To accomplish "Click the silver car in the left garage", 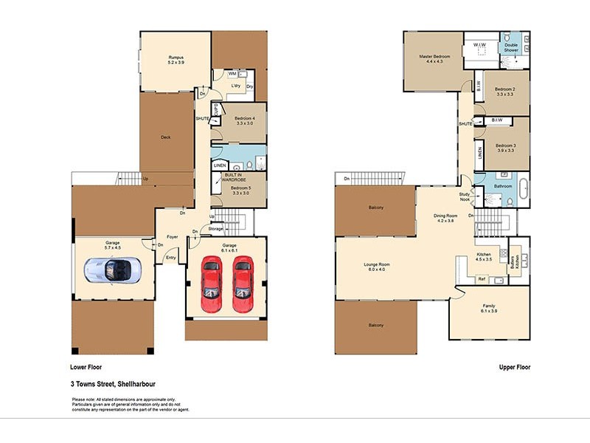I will pyautogui.click(x=110, y=271).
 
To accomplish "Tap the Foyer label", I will pyautogui.click(x=173, y=237).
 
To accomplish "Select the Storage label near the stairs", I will pyautogui.click(x=215, y=230).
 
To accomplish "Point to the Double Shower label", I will pyautogui.click(x=511, y=48).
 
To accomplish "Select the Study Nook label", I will pyautogui.click(x=463, y=197).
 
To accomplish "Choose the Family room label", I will pyautogui.click(x=489, y=308).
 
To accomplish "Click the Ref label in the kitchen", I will pyautogui.click(x=481, y=279).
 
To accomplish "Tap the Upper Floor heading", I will pyautogui.click(x=514, y=367).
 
